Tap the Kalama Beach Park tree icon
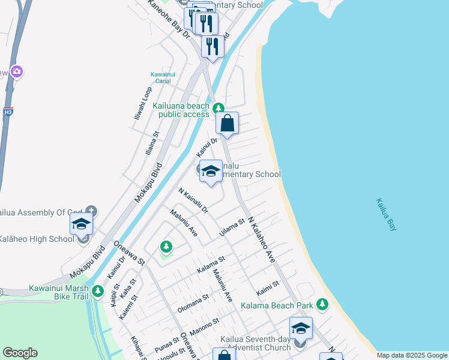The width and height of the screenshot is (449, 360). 323,305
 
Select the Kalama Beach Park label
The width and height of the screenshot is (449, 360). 277,305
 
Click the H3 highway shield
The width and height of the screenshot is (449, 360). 8,112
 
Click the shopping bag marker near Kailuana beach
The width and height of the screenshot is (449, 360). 228,124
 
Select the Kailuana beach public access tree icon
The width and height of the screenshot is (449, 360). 218,108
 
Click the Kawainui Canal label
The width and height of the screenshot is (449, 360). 160,77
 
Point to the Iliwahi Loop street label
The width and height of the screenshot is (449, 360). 143,103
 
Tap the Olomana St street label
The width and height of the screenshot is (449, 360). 193,305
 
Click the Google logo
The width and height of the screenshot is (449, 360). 20,353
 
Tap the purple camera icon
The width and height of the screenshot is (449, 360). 16,72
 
